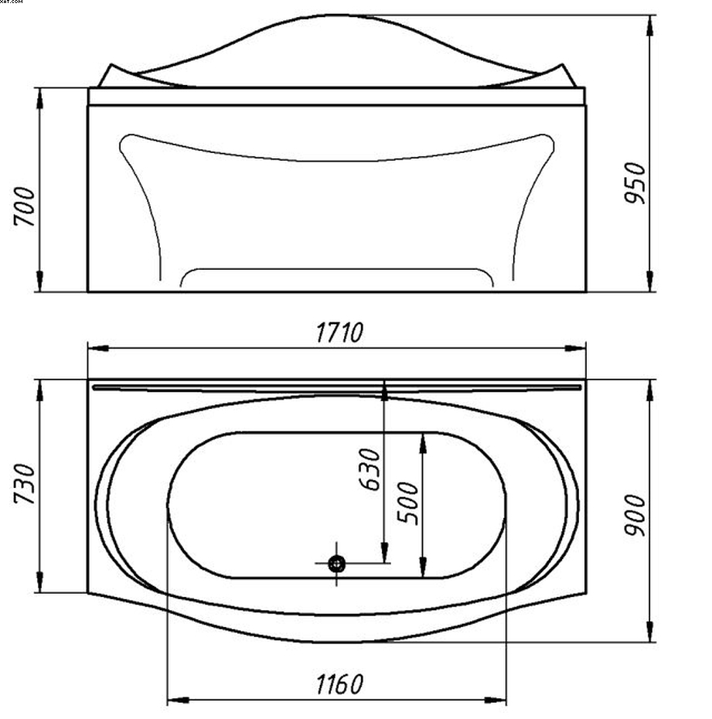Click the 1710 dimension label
pos(339,332)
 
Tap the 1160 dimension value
pos(339,684)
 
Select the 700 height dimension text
pos(24,206)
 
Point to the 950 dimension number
pos(635,182)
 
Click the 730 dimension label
pos(24,484)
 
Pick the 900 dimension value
pos(635,515)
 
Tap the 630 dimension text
pos(370,469)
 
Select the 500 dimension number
pos(407,503)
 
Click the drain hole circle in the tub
pos(336,564)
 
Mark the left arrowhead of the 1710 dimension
pos(98,348)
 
